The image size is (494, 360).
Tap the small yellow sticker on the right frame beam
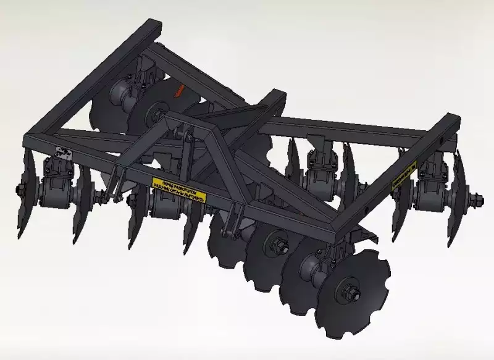[x=404, y=174]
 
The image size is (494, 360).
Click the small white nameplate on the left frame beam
[x=63, y=151]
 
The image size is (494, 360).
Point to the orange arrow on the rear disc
[x=179, y=90]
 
